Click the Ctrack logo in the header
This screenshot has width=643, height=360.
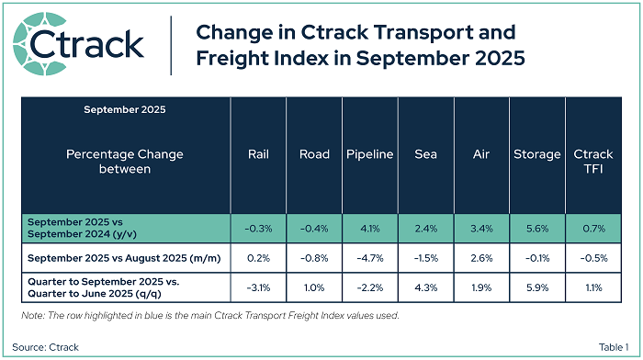pyautogui.click(x=78, y=44)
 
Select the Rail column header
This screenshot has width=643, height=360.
pyautogui.click(x=258, y=154)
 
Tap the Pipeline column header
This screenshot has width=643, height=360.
pyautogui.click(x=370, y=154)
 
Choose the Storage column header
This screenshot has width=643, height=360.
pyautogui.click(x=537, y=154)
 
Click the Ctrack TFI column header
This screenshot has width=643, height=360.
pyautogui.click(x=593, y=161)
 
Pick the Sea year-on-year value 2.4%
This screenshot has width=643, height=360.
pyautogui.click(x=425, y=229)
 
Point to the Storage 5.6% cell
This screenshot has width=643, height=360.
pyautogui.click(x=537, y=229)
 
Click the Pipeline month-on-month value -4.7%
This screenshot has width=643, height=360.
pyautogui.click(x=370, y=258)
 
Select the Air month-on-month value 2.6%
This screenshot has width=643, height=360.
pyautogui.click(x=481, y=258)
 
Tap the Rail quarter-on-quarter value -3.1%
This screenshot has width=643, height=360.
pyautogui.click(x=258, y=287)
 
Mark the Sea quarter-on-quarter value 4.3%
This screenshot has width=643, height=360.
pyautogui.click(x=425, y=287)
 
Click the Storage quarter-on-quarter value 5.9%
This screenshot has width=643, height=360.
pyautogui.click(x=537, y=287)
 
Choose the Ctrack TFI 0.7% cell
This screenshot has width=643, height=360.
pyautogui.click(x=593, y=229)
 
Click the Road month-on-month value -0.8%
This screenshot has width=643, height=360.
pyautogui.click(x=314, y=258)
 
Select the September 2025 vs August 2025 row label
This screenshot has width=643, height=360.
pyautogui.click(x=124, y=258)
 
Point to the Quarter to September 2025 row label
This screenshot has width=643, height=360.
pyautogui.click(x=103, y=287)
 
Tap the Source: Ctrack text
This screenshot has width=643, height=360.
pyautogui.click(x=45, y=347)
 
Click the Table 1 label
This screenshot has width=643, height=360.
pyautogui.click(x=614, y=347)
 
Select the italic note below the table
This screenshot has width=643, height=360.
pyautogui.click(x=210, y=315)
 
